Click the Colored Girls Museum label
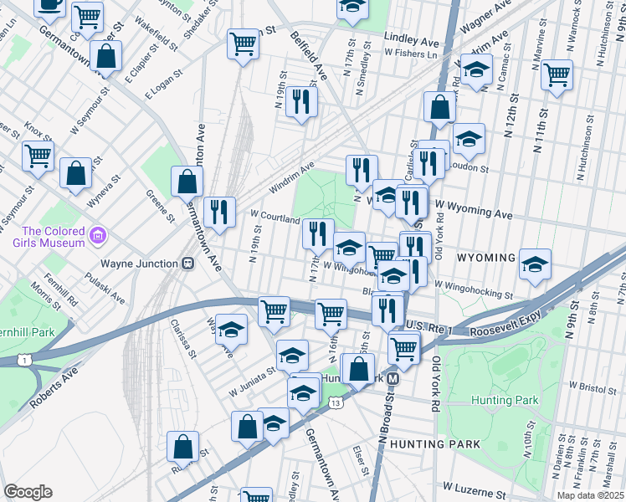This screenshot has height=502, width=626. coord(54,237)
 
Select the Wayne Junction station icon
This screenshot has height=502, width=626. coord(188,263)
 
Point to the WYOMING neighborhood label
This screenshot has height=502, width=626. coord(485,258)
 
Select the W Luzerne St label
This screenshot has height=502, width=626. coord(476,486)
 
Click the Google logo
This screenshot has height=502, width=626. coord(28,492)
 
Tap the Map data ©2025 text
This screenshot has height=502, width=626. coord(591,495)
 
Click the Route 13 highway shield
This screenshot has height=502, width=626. coord(336,402)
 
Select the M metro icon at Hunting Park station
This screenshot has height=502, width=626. coord(393,378)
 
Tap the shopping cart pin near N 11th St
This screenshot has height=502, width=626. coord(557,75)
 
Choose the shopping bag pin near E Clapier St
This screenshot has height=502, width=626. coord(107,58)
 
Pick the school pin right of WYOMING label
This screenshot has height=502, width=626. coord(535,264)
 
